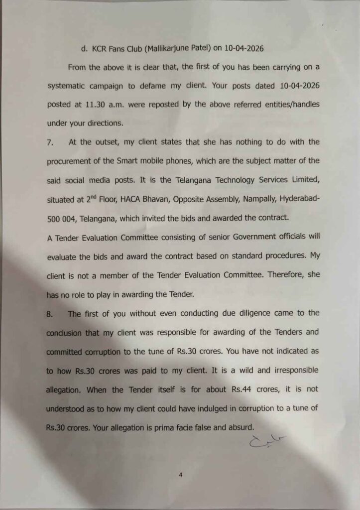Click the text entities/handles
pyautogui.click(x=285, y=104)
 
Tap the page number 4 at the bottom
pyautogui.click(x=181, y=475)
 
